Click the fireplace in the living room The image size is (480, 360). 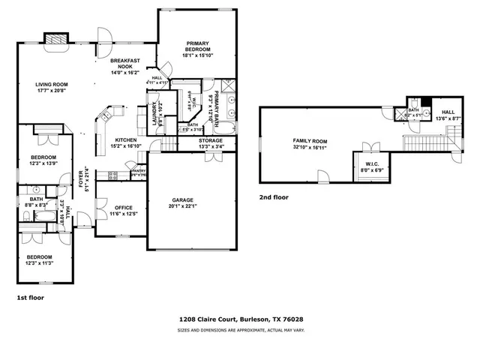pyautogui.click(x=55, y=38)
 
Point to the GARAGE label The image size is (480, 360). pyautogui.click(x=183, y=199)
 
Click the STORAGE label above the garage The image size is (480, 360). pyautogui.click(x=211, y=140)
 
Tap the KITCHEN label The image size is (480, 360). pyautogui.click(x=124, y=141)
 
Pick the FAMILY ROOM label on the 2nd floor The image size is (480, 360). pyautogui.click(x=310, y=140)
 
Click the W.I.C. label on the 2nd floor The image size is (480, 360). pyautogui.click(x=370, y=164)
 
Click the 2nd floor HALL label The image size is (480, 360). pyautogui.click(x=447, y=112)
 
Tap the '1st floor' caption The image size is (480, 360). pyautogui.click(x=31, y=298)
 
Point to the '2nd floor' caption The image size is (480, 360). pyautogui.click(x=274, y=196)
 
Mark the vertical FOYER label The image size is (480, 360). pyautogui.click(x=81, y=181)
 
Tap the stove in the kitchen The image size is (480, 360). pyautogui.click(x=112, y=175)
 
